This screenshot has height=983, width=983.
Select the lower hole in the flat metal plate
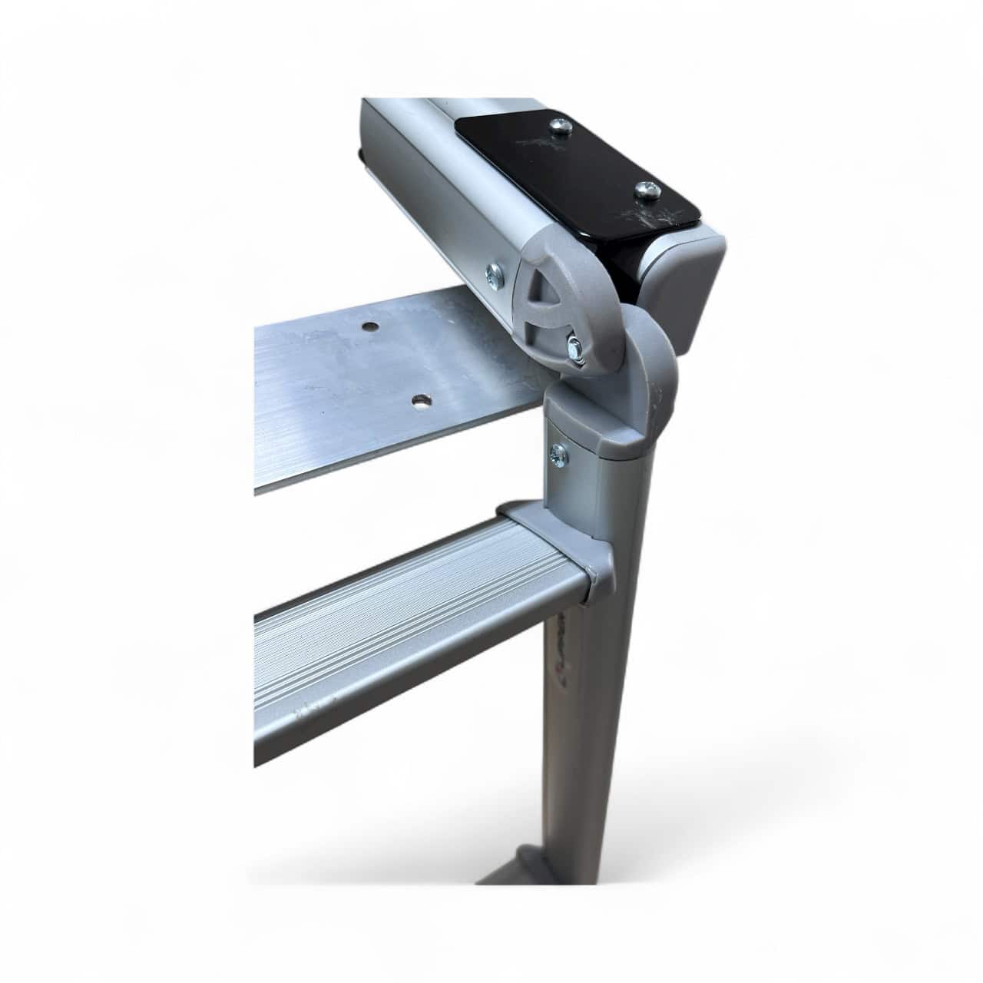tap(419, 400)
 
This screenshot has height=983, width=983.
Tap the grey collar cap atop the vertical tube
tap(607, 430)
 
